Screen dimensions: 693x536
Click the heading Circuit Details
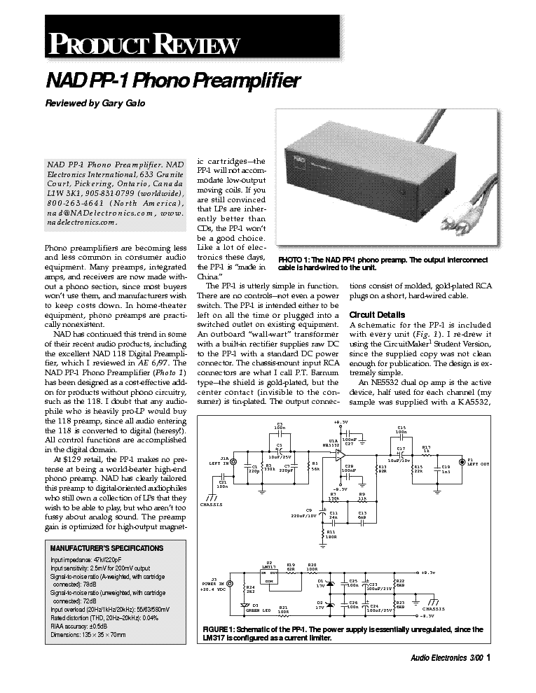(x=376, y=314)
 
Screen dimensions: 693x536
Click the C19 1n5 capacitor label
(x=445, y=469)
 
